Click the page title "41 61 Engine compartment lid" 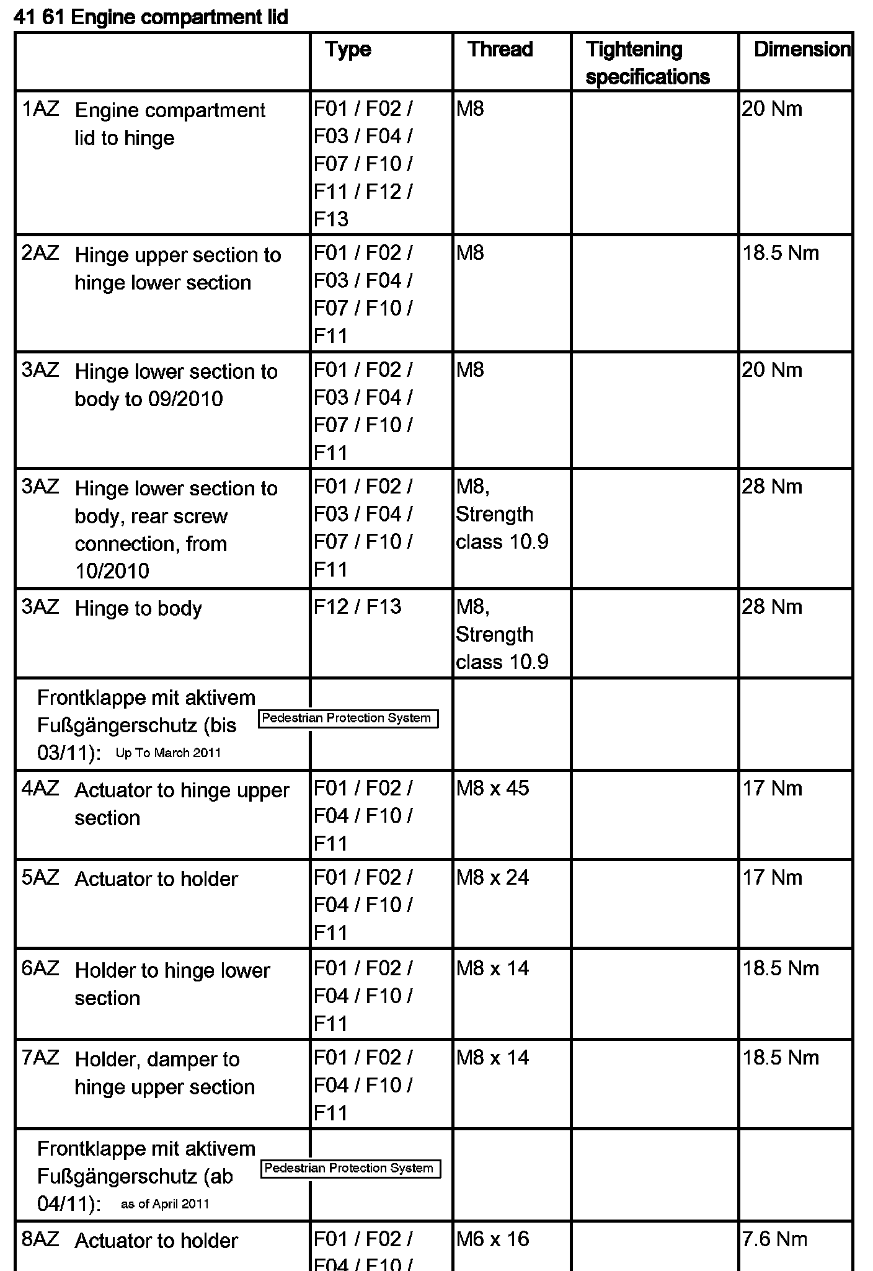pos(151,17)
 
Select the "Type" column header pos(348,50)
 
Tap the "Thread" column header pos(500,50)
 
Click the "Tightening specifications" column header pos(647,63)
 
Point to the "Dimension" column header pos(802,50)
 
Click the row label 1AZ pos(40,110)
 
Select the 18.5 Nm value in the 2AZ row pos(781,254)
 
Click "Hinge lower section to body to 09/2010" pos(176,385)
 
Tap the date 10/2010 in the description pos(112,571)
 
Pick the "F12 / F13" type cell pos(357,606)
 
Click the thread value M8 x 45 pos(492,789)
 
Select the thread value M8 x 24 pos(492,878)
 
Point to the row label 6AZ pos(40,968)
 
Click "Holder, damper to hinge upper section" pos(165,1073)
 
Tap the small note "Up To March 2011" pos(168,753)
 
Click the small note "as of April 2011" pos(165,1204)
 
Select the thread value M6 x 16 pos(492,1239)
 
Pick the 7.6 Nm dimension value pos(775,1239)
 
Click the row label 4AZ pos(40,789)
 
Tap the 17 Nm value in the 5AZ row pos(773,878)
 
